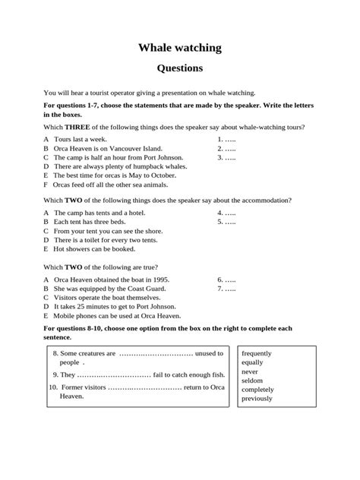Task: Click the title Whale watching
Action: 180,48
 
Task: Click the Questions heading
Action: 179,68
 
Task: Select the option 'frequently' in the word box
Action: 257,354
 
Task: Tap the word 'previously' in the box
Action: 257,399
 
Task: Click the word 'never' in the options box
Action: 249,372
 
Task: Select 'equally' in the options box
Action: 252,363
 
